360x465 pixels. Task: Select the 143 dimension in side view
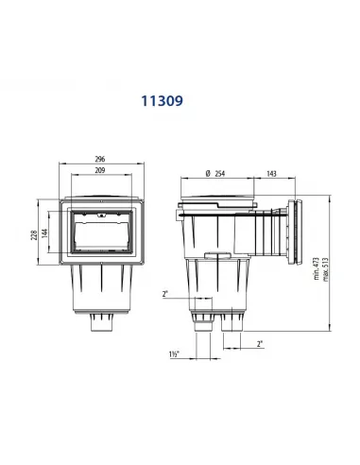[x=271, y=174]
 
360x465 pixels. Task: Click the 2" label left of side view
[x=165, y=295]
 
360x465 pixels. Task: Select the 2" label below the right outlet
[x=260, y=344]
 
